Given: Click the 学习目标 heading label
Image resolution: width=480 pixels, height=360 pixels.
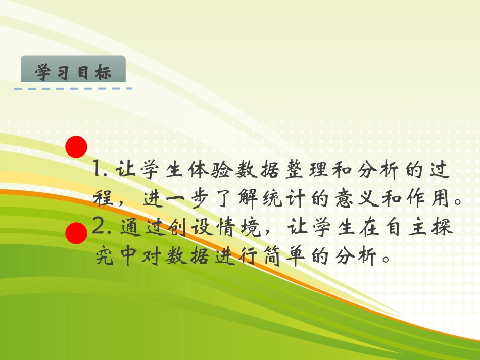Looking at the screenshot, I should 73,72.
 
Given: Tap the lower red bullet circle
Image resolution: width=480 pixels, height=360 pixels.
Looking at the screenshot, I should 76,233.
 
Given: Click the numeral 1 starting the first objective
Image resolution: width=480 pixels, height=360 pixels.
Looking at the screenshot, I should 99,169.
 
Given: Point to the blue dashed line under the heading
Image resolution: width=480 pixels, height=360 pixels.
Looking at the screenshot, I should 73,89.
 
